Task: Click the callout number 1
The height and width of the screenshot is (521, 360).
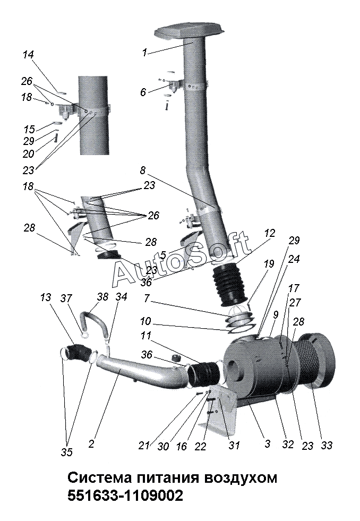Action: tap(144, 53)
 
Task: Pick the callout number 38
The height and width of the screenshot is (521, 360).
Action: tap(102, 296)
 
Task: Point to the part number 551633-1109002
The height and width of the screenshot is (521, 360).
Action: tap(125, 497)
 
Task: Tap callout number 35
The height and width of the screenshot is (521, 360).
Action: tap(67, 452)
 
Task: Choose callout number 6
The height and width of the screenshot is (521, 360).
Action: tap(143, 92)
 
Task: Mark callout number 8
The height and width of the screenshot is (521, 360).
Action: tap(143, 171)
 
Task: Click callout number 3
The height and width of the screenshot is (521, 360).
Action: tap(267, 443)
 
